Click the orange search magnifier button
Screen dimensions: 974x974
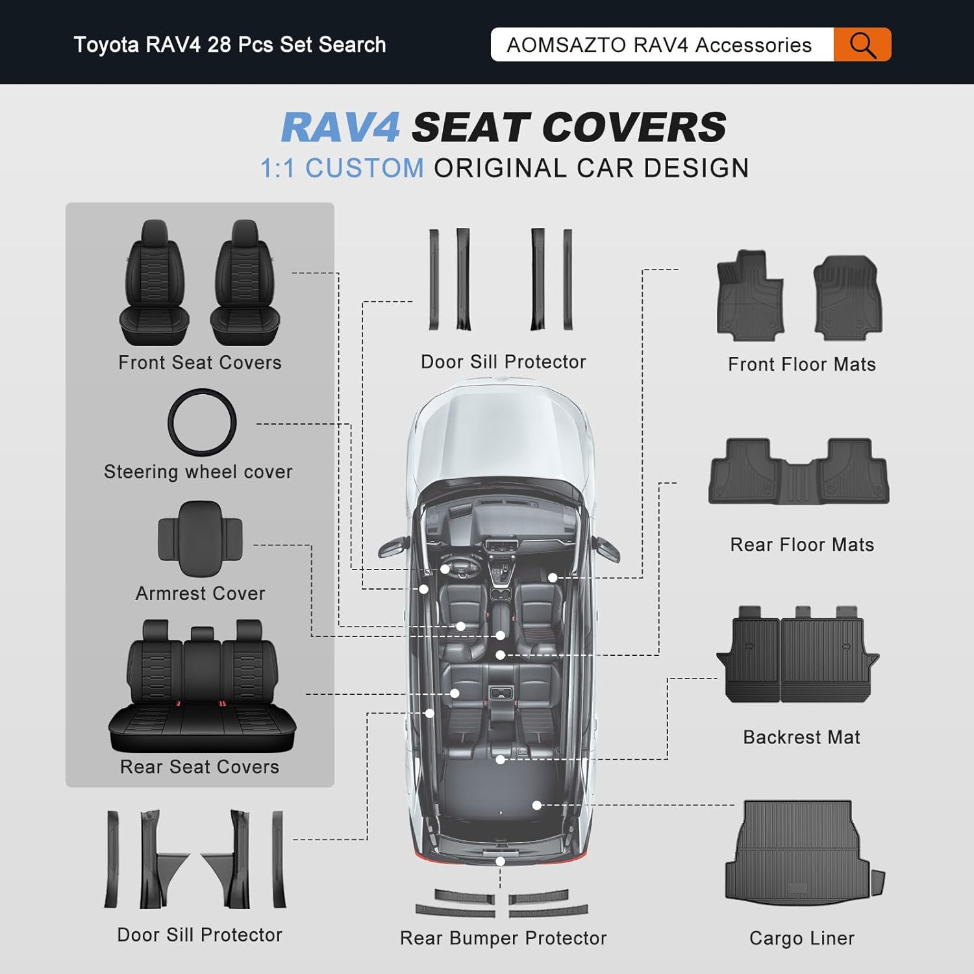(862, 45)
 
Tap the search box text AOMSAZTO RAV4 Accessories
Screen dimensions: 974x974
(658, 45)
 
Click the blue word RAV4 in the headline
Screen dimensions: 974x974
(340, 127)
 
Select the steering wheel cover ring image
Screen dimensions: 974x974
(202, 422)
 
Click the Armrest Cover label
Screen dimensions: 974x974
(200, 593)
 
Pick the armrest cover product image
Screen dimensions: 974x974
(200, 539)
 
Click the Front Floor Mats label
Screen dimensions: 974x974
(801, 364)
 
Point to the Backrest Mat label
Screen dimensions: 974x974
(801, 737)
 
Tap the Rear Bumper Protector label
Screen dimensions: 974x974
(503, 938)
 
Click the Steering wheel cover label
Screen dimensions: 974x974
(198, 471)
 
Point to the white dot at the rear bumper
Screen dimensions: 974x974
(500, 861)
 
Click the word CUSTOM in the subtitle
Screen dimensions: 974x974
(364, 168)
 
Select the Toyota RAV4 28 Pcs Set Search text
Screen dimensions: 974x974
(230, 45)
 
